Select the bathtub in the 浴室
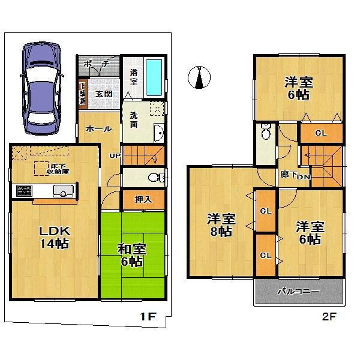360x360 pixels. click(154, 79)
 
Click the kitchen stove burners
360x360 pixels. click(25, 191)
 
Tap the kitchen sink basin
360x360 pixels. click(62, 191)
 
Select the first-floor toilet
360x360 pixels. click(155, 178)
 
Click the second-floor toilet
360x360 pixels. click(266, 133)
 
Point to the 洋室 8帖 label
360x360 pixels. click(220, 224)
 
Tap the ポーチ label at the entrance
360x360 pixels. click(96, 64)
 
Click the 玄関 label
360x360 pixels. click(103, 94)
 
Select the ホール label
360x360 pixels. click(97, 128)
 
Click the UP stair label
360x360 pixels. click(113, 157)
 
